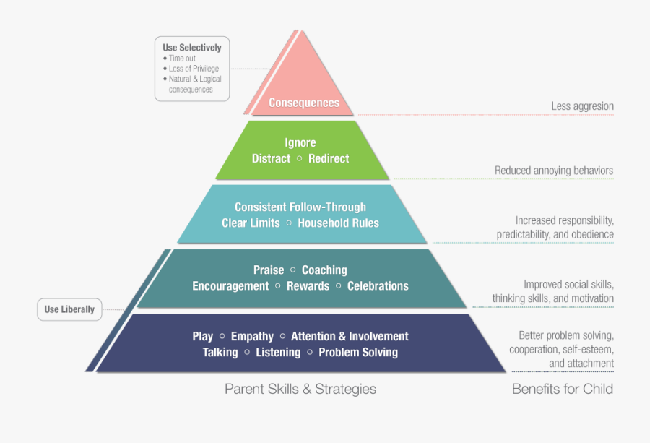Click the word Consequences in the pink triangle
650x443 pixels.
(304, 103)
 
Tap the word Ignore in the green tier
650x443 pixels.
(300, 142)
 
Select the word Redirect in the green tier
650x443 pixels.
(329, 158)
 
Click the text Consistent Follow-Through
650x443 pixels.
(300, 207)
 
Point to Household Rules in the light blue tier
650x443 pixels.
(338, 223)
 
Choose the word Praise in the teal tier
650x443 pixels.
(269, 270)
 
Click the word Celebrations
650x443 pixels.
(378, 285)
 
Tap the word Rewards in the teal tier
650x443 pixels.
(308, 285)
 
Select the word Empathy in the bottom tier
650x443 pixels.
(252, 336)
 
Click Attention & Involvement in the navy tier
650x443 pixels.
(350, 336)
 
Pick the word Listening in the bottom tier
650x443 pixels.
(278, 352)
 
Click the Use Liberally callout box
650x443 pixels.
(69, 309)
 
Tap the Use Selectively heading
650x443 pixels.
(192, 48)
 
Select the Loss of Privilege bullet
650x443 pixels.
(193, 69)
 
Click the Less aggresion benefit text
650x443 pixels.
(582, 106)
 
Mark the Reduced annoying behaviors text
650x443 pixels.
(554, 171)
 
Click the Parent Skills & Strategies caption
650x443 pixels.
(300, 389)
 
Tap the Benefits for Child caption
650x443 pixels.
(563, 389)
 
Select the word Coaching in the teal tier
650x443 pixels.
(324, 270)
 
